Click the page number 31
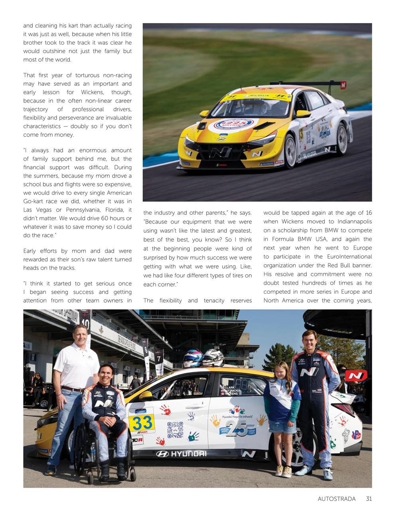tap(369, 499)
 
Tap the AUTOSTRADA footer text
tap(336, 499)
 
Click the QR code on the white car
tap(175, 430)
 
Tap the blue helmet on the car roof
tap(193, 358)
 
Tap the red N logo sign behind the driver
tap(355, 375)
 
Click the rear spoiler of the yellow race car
tap(307, 83)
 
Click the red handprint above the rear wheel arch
tap(342, 420)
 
